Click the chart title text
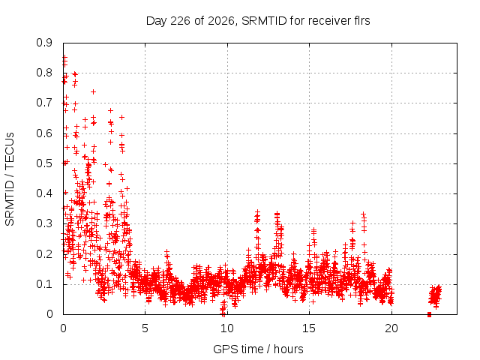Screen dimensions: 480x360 [258, 21]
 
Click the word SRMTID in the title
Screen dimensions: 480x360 [264, 21]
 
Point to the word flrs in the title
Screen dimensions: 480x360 [361, 21]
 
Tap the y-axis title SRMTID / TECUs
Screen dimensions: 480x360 [10, 179]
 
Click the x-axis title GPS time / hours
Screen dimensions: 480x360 [258, 349]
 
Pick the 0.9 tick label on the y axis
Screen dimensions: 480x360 [44, 43]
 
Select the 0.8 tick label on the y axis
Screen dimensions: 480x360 [44, 73]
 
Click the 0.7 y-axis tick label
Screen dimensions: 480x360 [44, 103]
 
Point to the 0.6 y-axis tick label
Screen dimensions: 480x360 [44, 133]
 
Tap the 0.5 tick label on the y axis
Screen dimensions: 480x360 [44, 163]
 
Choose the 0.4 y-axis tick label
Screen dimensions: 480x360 [44, 193]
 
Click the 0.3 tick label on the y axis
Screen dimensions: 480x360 [44, 223]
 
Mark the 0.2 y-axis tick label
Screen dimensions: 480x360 [44, 253]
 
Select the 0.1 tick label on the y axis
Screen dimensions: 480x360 [44, 283]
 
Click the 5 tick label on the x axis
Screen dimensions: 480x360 [145, 328]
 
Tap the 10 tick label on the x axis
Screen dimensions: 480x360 [227, 328]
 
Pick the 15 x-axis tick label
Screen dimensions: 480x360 [309, 328]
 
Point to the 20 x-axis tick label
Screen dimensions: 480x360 [391, 328]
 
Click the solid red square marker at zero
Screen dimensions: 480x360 [429, 314]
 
